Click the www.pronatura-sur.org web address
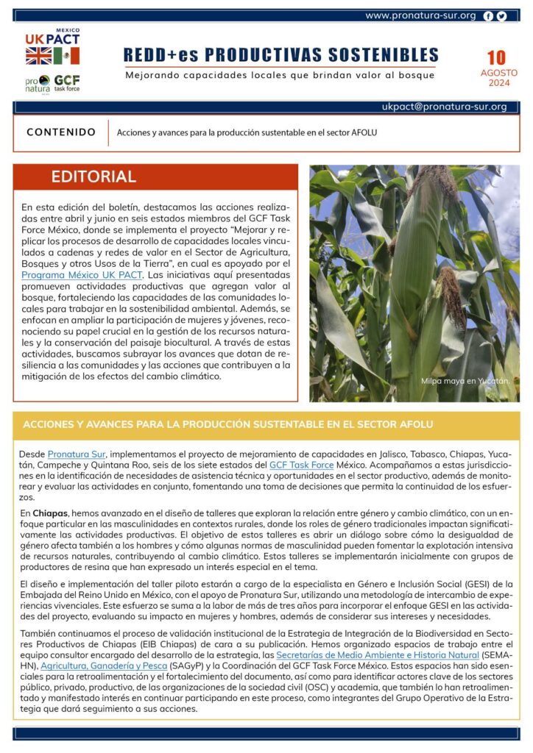click(x=420, y=15)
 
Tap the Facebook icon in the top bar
click(x=488, y=15)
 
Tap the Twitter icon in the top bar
click(x=501, y=15)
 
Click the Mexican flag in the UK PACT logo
click(x=66, y=56)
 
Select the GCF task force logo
click(x=66, y=82)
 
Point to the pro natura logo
click(x=38, y=83)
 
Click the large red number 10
click(x=496, y=58)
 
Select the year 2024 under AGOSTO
click(x=498, y=83)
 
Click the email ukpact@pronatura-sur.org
click(x=444, y=107)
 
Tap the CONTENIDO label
click(x=61, y=132)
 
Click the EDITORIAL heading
click(x=93, y=176)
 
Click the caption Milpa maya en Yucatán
click(x=465, y=381)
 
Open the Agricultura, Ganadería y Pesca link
click(x=109, y=665)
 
